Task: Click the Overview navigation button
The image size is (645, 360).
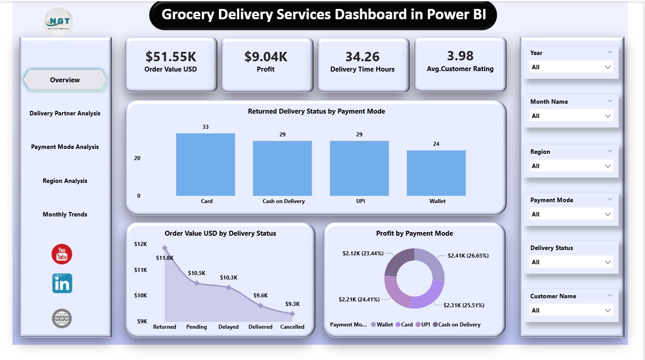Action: (x=65, y=80)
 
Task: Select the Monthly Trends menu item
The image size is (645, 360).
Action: (x=65, y=215)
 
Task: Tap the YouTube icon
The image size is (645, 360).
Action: (x=62, y=254)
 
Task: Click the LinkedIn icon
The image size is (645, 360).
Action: (x=62, y=284)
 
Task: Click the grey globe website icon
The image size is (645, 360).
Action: (x=62, y=318)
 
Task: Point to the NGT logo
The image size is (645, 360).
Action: (x=59, y=21)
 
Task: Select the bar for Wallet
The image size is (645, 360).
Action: (x=436, y=173)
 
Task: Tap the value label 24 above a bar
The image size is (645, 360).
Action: (x=436, y=144)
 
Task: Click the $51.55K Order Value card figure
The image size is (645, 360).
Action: (x=171, y=57)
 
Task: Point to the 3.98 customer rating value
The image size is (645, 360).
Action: (x=460, y=56)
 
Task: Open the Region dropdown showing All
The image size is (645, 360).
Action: (x=570, y=166)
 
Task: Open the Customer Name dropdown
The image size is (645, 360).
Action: (x=570, y=310)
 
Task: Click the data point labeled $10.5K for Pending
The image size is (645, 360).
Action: (x=196, y=283)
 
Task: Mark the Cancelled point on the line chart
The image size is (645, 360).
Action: (x=293, y=314)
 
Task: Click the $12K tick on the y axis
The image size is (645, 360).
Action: (x=140, y=244)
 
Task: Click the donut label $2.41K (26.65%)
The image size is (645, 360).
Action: (x=468, y=256)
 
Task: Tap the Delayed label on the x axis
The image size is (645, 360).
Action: (x=228, y=327)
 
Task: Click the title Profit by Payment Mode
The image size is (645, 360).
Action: (x=414, y=233)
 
